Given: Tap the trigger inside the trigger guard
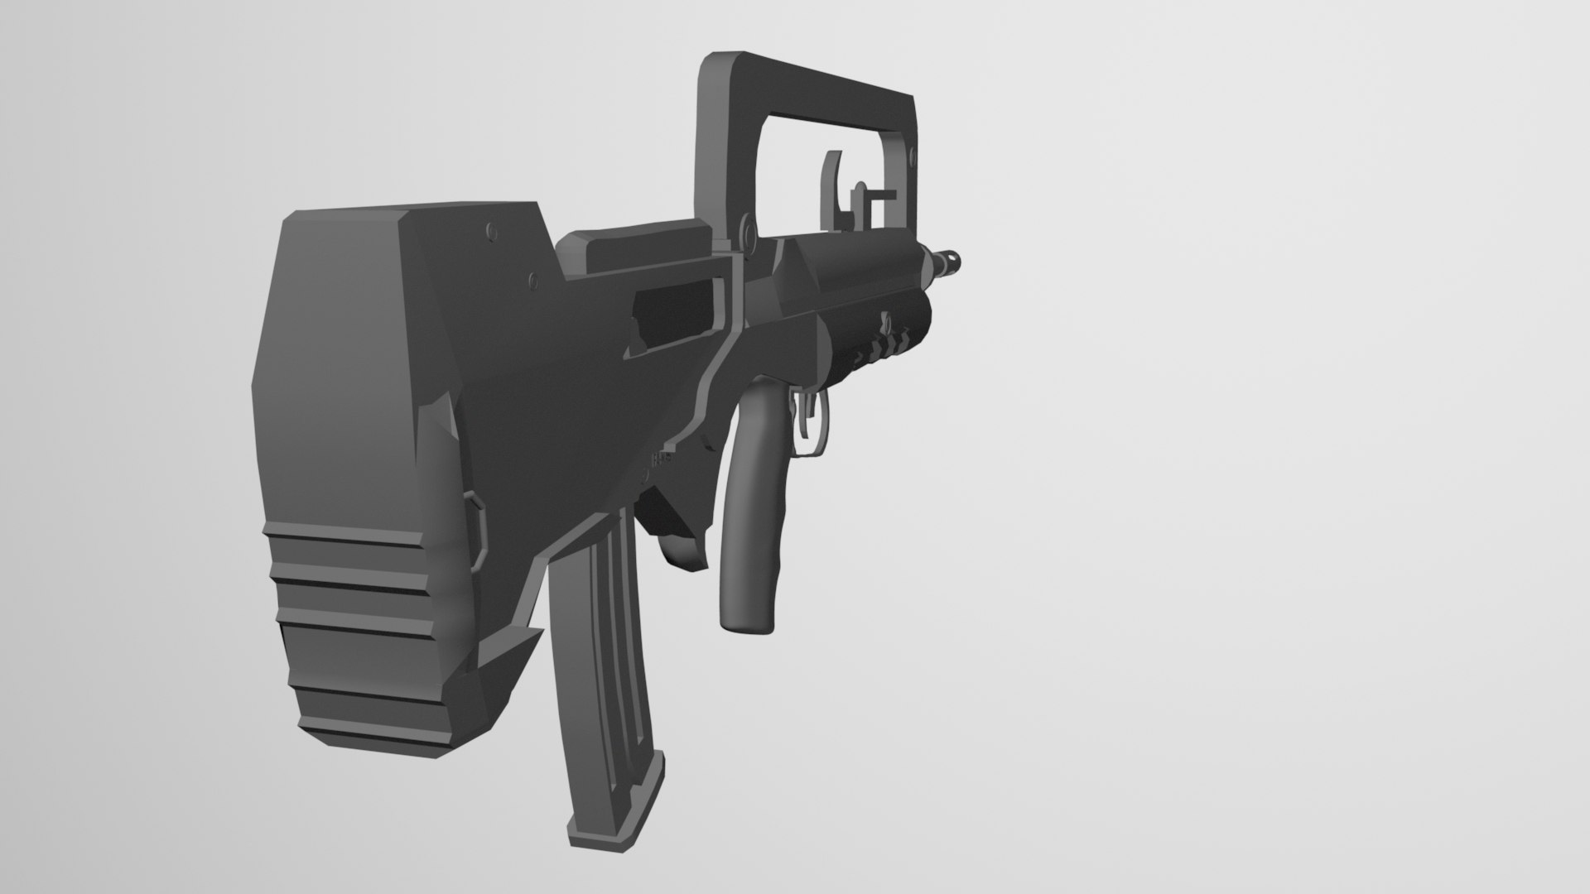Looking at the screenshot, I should (806, 417).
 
